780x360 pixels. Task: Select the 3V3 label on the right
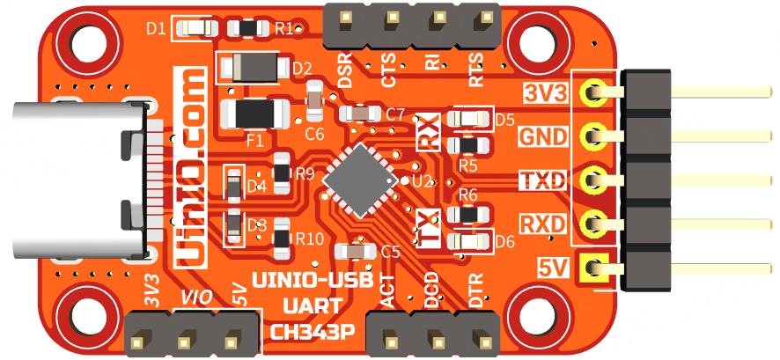point(544,92)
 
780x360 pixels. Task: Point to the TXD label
point(542,180)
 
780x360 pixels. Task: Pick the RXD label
point(542,224)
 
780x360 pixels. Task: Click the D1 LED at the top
point(195,29)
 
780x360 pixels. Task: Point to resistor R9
point(282,173)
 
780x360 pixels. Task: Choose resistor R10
point(282,238)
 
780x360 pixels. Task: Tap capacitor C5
point(356,252)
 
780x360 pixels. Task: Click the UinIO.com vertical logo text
point(191,167)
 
